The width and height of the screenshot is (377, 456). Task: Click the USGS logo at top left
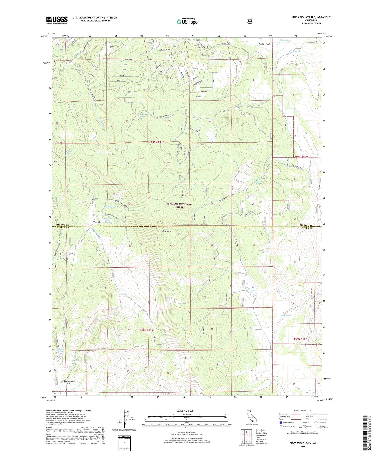point(57,20)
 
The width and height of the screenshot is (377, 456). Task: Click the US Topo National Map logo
point(187,21)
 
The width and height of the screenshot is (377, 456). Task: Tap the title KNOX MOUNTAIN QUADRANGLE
point(311,17)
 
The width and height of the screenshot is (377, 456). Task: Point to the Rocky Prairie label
point(265,44)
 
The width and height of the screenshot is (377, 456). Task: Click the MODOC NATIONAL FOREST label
point(180,206)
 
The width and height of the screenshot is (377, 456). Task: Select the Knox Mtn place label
point(167,231)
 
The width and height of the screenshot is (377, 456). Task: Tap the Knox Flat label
point(96,222)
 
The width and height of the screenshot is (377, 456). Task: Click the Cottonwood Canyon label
point(69,382)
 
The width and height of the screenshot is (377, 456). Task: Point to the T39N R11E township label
point(158,142)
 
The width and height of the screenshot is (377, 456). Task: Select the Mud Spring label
point(286,315)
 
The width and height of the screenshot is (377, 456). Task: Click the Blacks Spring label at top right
point(285,40)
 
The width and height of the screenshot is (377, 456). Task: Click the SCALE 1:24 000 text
point(185,411)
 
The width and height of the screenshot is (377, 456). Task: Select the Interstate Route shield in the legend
point(281,423)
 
